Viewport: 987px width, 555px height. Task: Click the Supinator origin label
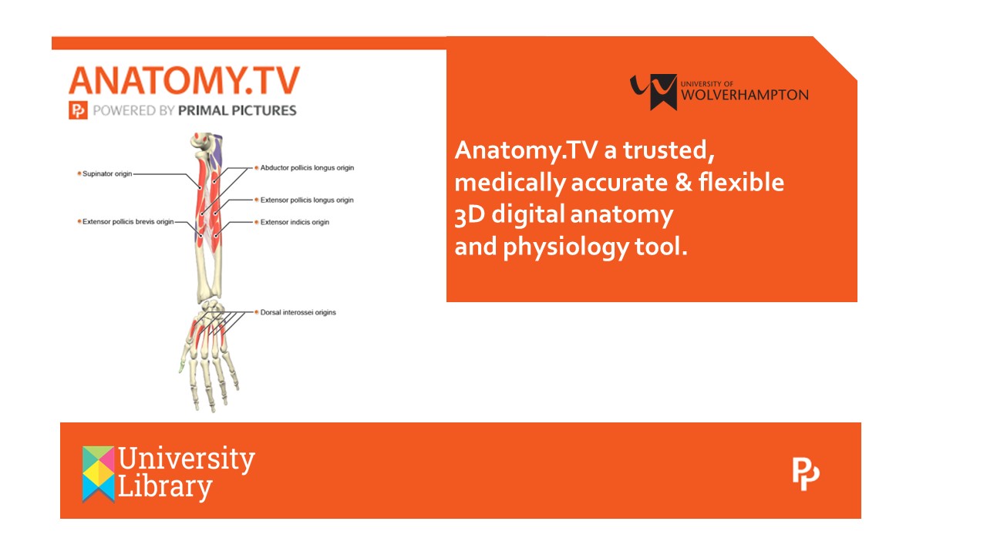point(107,174)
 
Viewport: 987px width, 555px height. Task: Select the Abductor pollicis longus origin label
point(307,168)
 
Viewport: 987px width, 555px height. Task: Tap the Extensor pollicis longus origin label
point(307,200)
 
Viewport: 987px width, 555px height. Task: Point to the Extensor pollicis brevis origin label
point(128,221)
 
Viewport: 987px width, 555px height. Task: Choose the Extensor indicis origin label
point(295,222)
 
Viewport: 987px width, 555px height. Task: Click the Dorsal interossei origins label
point(298,312)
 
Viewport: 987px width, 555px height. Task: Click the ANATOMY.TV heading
point(184,81)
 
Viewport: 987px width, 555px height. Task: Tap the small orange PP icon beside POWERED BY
point(78,110)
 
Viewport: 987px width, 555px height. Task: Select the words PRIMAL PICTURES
point(237,110)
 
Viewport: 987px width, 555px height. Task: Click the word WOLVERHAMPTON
point(745,95)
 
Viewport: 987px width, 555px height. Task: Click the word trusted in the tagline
point(669,150)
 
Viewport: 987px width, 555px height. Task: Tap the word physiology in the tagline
point(566,247)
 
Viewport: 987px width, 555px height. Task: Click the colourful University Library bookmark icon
point(98,474)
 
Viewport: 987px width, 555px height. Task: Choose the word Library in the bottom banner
point(165,488)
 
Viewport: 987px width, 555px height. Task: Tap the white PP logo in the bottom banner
point(806,474)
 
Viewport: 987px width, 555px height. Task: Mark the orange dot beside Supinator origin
point(79,173)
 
